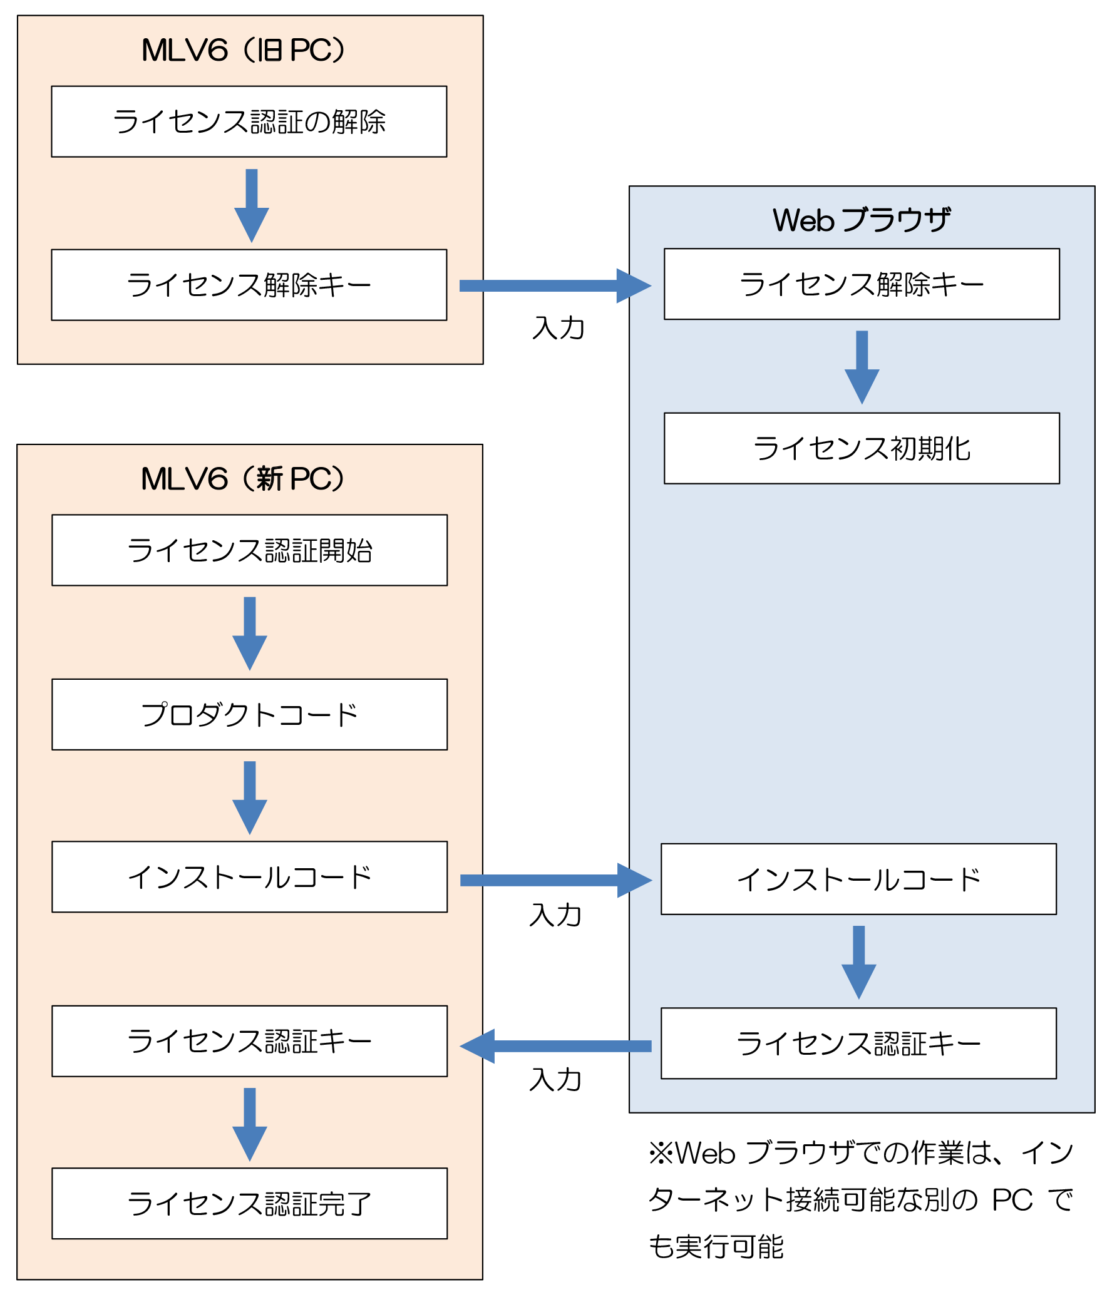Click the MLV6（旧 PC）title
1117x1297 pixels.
click(243, 50)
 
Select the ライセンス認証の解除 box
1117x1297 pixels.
click(249, 121)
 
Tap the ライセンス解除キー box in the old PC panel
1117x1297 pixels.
click(249, 285)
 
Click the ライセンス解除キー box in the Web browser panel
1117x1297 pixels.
click(861, 284)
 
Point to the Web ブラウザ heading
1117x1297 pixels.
click(861, 220)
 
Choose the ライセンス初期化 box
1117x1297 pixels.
click(861, 448)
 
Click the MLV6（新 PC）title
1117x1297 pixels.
click(243, 479)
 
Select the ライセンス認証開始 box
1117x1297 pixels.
click(249, 550)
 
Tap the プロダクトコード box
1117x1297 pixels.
click(249, 714)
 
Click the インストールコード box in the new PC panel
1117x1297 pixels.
click(249, 876)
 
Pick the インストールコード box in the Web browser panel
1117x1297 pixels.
click(858, 879)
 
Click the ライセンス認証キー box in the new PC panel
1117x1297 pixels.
click(249, 1041)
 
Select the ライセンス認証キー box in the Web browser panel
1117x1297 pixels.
click(858, 1043)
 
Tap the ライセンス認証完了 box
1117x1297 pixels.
click(249, 1203)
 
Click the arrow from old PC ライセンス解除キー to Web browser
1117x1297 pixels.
click(554, 286)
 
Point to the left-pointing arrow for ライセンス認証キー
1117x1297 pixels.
click(554, 1046)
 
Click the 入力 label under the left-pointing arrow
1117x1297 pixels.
click(555, 1080)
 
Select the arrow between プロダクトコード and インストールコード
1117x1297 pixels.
click(250, 796)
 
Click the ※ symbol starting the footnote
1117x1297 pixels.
click(660, 1153)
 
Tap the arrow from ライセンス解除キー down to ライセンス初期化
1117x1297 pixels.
click(862, 366)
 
